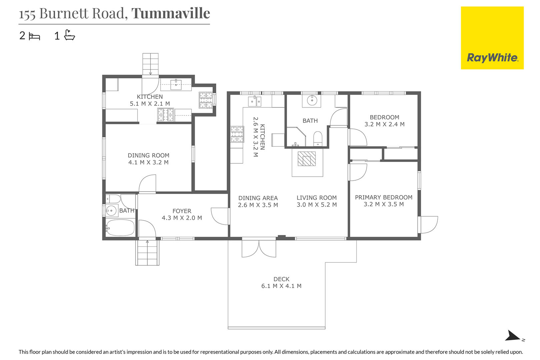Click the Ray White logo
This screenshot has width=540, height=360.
point(492,38)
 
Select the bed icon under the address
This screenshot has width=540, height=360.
point(34,37)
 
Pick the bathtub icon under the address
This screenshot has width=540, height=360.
point(69,35)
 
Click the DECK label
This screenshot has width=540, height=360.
point(281,279)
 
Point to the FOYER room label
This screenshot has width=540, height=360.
point(182,211)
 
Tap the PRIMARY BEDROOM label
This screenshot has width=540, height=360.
point(384,197)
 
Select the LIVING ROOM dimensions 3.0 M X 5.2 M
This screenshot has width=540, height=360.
point(317,205)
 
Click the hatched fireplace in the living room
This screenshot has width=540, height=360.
point(307,159)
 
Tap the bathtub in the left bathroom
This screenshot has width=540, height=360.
point(120,228)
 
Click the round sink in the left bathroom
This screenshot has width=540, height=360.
point(111,211)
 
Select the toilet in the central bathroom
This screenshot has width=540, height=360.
point(318,139)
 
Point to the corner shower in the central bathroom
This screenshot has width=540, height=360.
point(296,137)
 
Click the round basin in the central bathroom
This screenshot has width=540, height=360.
point(312,100)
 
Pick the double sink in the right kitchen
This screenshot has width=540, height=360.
point(255,101)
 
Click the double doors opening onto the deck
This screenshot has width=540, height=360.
point(259,248)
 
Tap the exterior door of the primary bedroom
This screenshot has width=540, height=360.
point(428,225)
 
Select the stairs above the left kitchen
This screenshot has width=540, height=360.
point(150,64)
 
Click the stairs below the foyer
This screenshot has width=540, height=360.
point(147,252)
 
